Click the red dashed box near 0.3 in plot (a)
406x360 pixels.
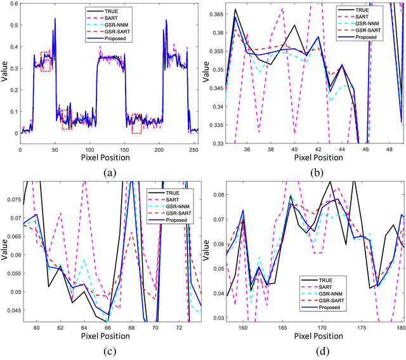(45, 62)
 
